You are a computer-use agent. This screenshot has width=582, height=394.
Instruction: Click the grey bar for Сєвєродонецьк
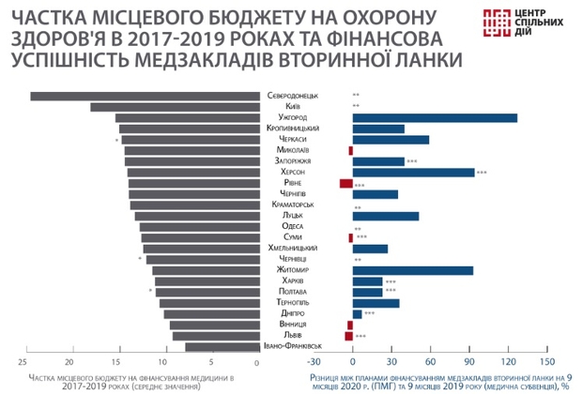[x=141, y=96]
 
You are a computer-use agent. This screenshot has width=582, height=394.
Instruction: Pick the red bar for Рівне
[x=345, y=183]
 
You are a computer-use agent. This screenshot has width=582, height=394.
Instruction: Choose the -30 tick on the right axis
[x=314, y=361]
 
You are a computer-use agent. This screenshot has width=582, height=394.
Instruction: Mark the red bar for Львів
[x=348, y=335]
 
